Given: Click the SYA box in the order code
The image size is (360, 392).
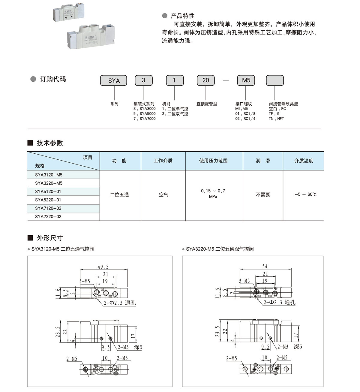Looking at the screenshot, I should point(113,80).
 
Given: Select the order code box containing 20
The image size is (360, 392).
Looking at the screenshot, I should point(205,80).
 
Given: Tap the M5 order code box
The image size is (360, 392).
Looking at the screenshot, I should point(246,80).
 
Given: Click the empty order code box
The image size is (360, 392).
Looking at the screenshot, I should point(275,80).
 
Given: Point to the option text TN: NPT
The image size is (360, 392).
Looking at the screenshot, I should point(276,119).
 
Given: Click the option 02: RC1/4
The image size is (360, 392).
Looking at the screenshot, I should point(245,119).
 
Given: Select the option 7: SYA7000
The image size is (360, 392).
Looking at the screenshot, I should point(145,119).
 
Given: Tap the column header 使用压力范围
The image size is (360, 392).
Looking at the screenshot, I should point(213,161).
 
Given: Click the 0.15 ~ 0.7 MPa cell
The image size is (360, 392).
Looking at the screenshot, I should point(213,194).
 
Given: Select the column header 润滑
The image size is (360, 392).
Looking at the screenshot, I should point(263,161).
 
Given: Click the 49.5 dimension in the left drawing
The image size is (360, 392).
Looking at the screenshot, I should point(103,267).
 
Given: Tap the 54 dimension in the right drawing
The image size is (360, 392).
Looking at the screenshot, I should point(265,266).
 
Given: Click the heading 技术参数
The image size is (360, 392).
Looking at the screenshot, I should point(50,143).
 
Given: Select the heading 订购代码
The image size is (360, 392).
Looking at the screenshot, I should point(52,79).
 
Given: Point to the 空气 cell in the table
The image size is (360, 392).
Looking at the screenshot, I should point(163,194).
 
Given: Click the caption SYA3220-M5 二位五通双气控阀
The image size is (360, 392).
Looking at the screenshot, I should point(220,249).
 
